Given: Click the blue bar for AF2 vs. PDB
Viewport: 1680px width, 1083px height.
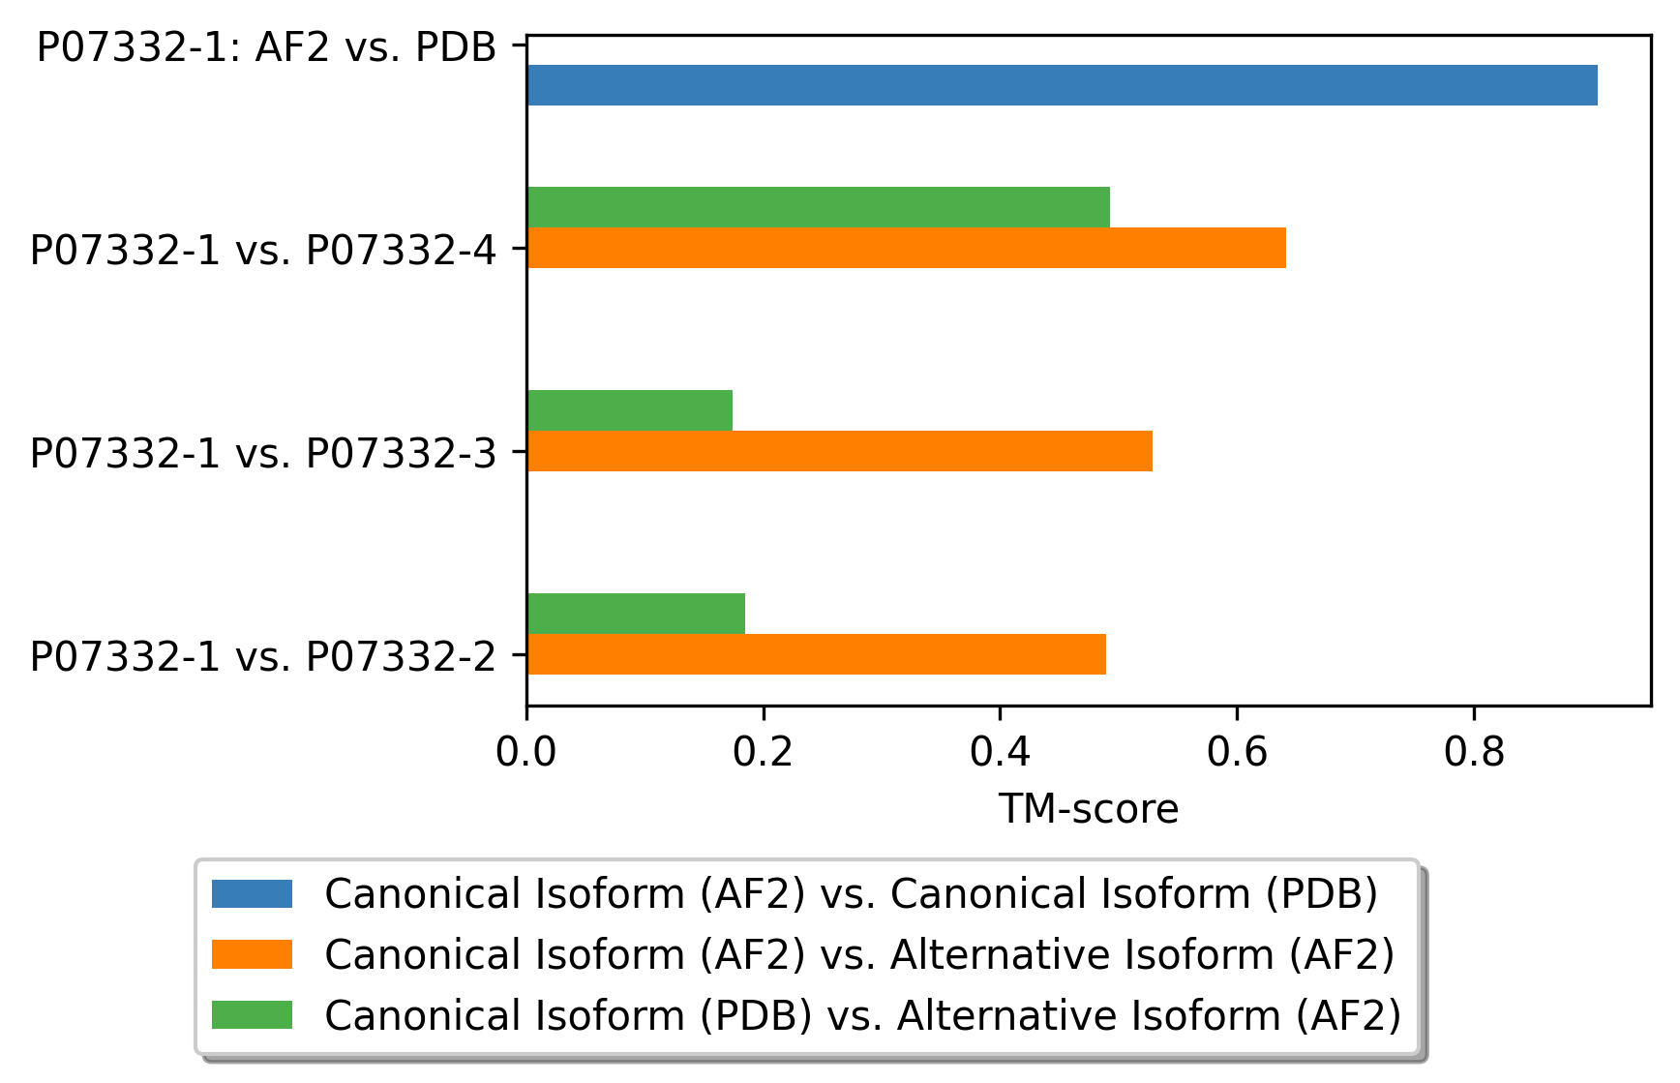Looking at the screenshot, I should pyautogui.click(x=1062, y=85).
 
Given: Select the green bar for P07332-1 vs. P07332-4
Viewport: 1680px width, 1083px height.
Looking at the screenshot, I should pyautogui.click(x=818, y=207).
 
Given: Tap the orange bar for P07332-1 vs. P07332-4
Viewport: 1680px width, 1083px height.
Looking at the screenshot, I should pyautogui.click(x=906, y=248).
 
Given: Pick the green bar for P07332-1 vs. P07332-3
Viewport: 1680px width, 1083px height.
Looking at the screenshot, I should pyautogui.click(x=629, y=410).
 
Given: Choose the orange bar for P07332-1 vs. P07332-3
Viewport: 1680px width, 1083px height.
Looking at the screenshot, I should pyautogui.click(x=839, y=451).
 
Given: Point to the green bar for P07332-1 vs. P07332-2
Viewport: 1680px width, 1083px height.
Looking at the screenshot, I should pyautogui.click(x=636, y=614).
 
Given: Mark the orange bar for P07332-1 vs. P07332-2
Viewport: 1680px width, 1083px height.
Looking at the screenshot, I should pyautogui.click(x=816, y=654).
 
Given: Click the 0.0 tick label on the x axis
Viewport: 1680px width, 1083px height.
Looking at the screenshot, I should pyautogui.click(x=526, y=752).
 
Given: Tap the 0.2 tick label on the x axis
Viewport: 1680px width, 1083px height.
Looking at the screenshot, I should pyautogui.click(x=764, y=752).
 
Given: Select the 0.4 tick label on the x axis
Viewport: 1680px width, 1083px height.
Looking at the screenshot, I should pyautogui.click(x=1000, y=752).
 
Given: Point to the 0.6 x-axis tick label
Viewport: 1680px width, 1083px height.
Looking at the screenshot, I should pyautogui.click(x=1237, y=752).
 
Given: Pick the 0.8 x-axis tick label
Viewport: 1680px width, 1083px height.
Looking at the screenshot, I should pyautogui.click(x=1474, y=752).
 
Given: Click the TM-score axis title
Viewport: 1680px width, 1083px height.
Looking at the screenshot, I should pyautogui.click(x=1089, y=809).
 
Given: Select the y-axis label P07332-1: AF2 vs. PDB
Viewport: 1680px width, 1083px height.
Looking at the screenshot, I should pyautogui.click(x=266, y=46).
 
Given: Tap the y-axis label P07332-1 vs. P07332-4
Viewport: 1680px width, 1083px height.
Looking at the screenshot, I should pyautogui.click(x=263, y=250).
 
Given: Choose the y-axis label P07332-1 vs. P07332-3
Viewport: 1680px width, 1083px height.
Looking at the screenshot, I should pyautogui.click(x=263, y=453).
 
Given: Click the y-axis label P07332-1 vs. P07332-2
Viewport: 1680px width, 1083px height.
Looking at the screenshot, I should pyautogui.click(x=263, y=656).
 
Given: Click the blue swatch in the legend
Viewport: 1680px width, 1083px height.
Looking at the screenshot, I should pyautogui.click(x=252, y=893).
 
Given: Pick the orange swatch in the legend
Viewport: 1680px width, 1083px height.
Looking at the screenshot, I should pyautogui.click(x=252, y=954).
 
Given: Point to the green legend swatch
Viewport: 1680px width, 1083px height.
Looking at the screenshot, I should pyautogui.click(x=252, y=1015).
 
